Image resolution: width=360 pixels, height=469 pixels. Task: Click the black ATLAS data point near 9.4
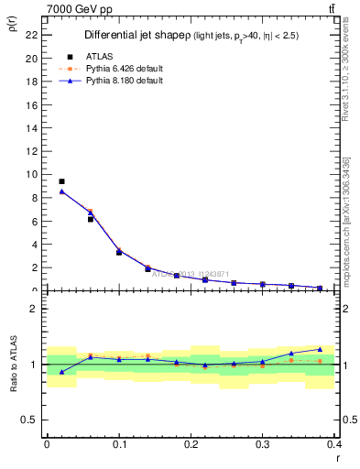(61, 181)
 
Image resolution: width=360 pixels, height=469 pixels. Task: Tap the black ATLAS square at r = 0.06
(91, 219)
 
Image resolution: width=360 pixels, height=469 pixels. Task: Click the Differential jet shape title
(136, 36)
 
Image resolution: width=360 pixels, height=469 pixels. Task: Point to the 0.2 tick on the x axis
(191, 443)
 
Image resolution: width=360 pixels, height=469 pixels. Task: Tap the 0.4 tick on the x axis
(334, 443)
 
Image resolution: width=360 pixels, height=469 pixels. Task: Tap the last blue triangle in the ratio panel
(320, 349)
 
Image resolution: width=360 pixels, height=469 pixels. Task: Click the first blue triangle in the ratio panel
(61, 371)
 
